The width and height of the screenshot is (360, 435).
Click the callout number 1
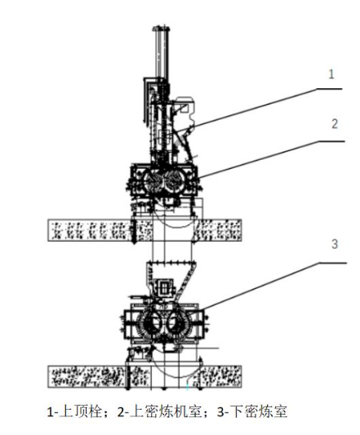click(331, 74)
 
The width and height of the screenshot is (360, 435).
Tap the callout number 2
click(335, 124)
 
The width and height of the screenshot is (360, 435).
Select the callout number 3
click(335, 244)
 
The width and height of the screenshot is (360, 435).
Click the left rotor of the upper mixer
click(153, 180)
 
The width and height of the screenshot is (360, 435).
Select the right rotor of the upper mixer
click(175, 180)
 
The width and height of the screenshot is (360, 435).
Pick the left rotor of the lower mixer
click(152, 322)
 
